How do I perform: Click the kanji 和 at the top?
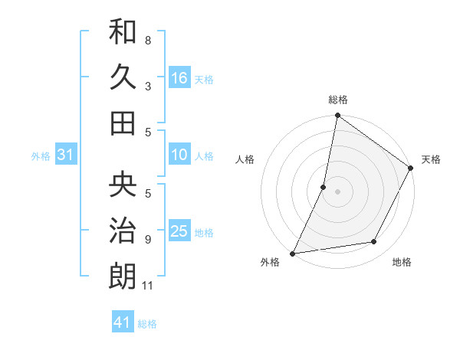(x=123, y=33)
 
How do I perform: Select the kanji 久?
(x=123, y=77)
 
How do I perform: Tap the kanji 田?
(x=123, y=123)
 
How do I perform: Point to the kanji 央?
(x=123, y=185)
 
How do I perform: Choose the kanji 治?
(x=123, y=230)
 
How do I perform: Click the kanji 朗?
(x=123, y=275)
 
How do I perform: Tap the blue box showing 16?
(x=179, y=78)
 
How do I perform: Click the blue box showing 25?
(x=179, y=232)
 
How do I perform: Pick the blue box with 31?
(x=66, y=155)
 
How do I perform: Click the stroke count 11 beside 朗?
(x=148, y=286)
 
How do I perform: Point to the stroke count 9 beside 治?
(x=148, y=240)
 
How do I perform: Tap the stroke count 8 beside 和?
(x=148, y=40)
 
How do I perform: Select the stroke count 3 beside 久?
(x=148, y=86)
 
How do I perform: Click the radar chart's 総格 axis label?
(x=337, y=100)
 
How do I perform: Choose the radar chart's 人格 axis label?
(x=245, y=159)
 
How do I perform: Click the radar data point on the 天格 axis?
(x=411, y=169)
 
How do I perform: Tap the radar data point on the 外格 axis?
(x=292, y=254)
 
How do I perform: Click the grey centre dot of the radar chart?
(x=337, y=191)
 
